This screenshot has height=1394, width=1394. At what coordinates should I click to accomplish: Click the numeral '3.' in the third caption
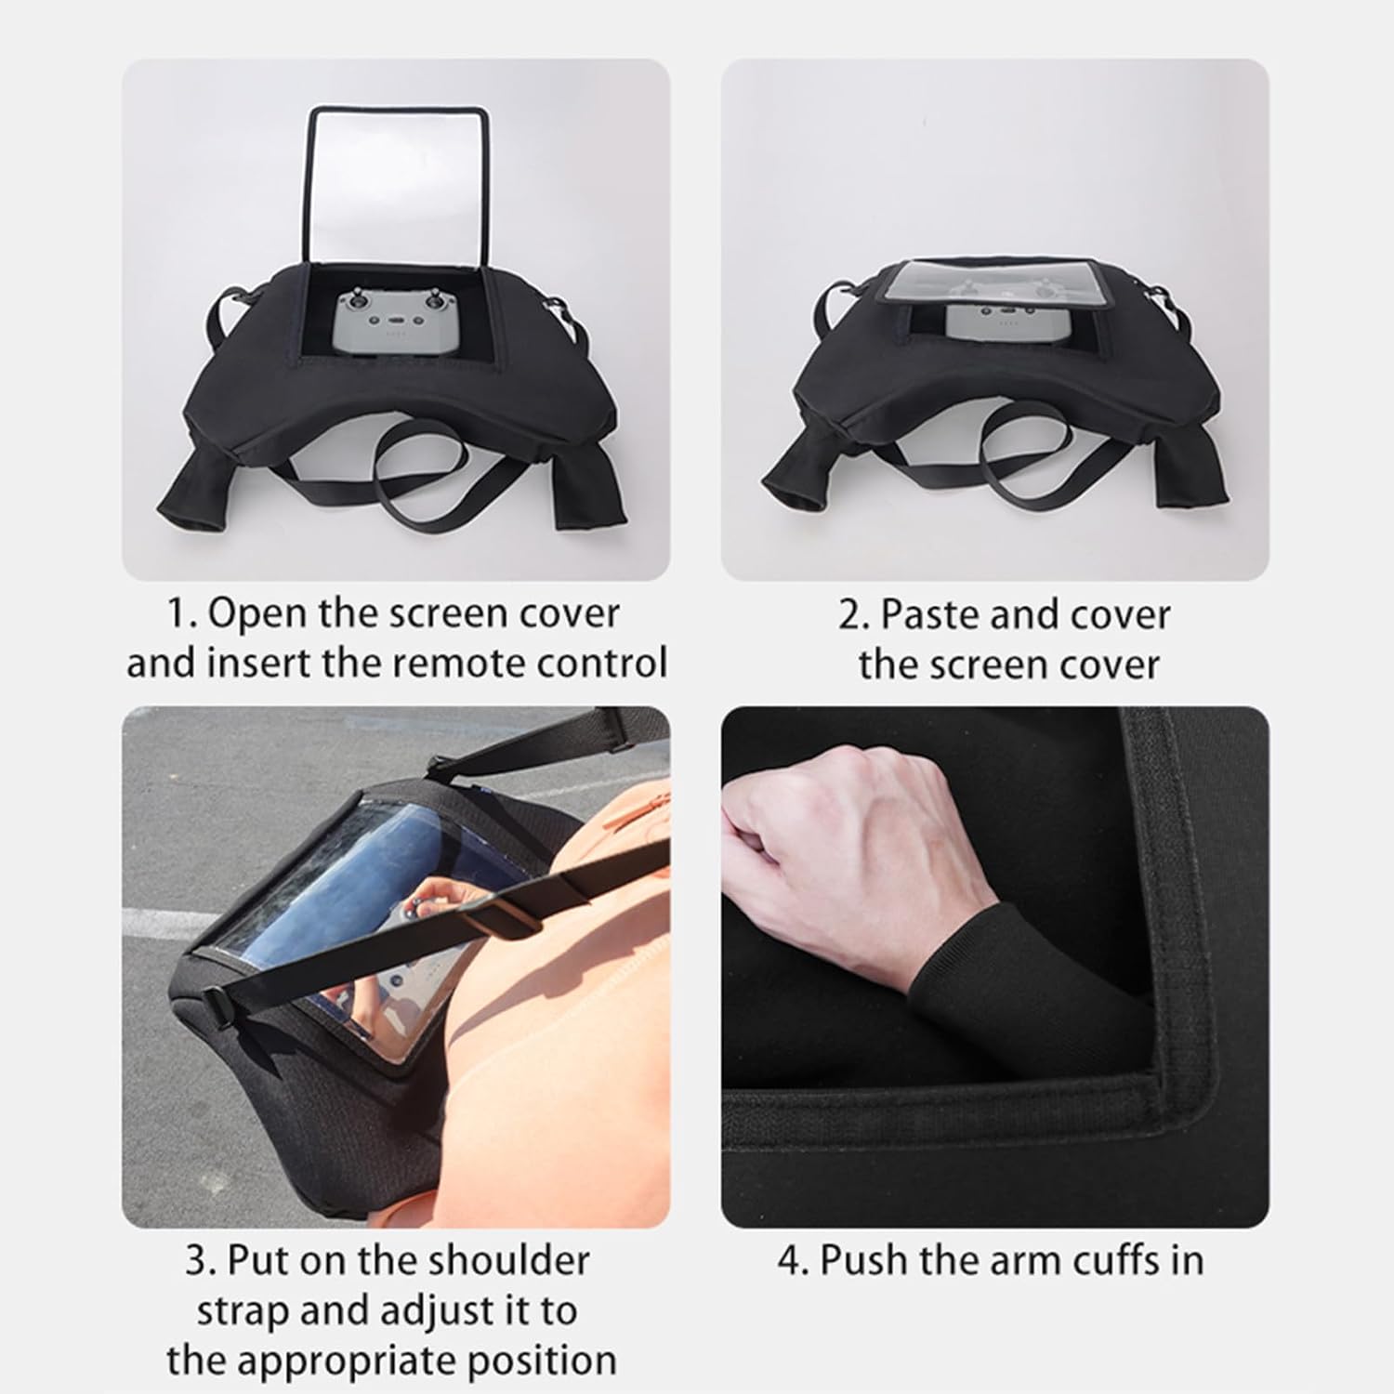point(201,1262)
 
